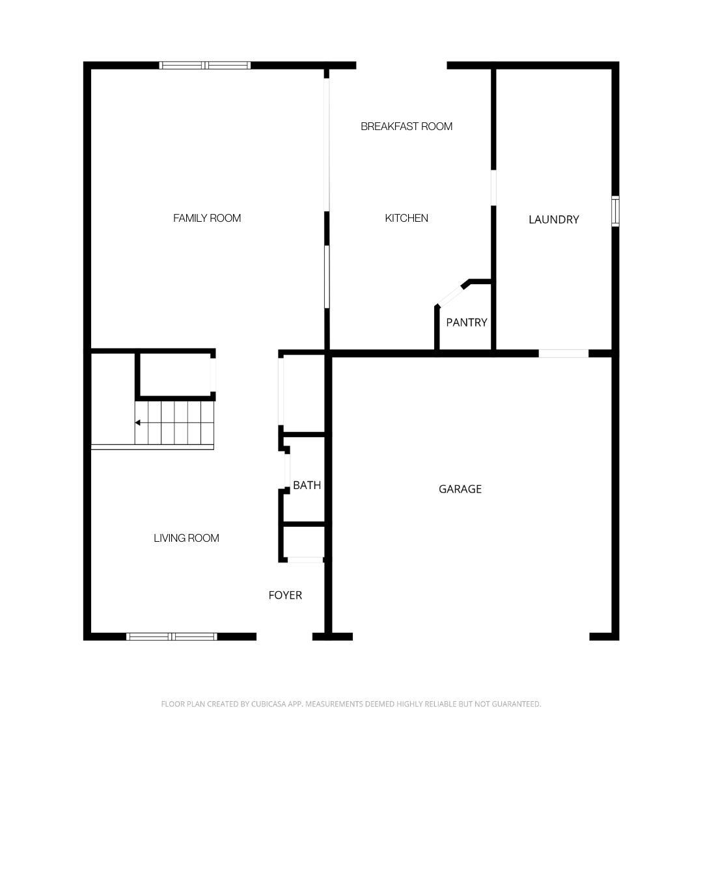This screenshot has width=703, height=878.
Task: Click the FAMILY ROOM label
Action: click(207, 219)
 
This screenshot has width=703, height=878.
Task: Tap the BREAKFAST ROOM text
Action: click(406, 126)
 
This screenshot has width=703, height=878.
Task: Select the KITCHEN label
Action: click(406, 219)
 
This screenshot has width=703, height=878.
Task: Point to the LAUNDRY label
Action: click(553, 220)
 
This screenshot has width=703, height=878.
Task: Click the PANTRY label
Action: click(466, 323)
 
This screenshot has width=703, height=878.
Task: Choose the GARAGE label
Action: click(460, 489)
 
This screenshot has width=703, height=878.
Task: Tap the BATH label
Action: click(307, 485)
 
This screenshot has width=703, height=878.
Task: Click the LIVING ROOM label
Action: click(186, 539)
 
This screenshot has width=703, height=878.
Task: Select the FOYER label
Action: click(285, 595)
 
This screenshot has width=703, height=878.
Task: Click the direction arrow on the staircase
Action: click(138, 423)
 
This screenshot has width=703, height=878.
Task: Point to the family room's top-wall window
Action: click(205, 65)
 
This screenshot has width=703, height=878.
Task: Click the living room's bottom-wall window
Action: click(171, 636)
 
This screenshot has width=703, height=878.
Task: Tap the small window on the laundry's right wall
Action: click(615, 211)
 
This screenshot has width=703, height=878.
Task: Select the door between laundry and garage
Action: click(564, 354)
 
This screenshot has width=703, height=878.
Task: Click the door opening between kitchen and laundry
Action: click(493, 188)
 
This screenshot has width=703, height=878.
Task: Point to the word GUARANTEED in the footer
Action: click(516, 704)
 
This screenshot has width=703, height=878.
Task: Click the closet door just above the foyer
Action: click(305, 559)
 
